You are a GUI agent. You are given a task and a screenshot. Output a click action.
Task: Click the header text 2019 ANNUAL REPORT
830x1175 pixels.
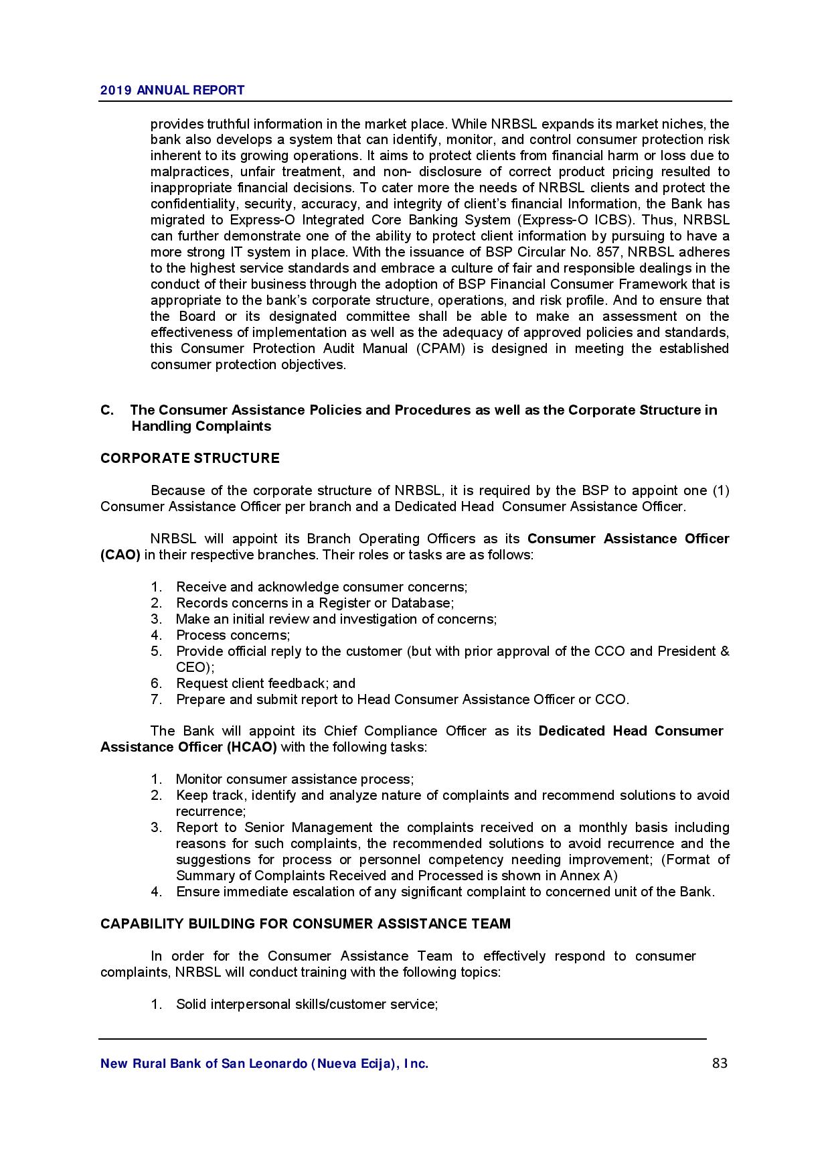coord(172,90)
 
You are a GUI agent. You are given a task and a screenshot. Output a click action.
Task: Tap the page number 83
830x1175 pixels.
coord(720,1063)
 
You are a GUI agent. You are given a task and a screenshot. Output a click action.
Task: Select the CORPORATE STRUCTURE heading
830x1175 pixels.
coord(189,458)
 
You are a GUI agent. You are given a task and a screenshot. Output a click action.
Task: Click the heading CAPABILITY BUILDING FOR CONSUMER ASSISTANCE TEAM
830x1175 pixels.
coord(305,924)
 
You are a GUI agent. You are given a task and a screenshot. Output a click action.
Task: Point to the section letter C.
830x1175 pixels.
coord(107,410)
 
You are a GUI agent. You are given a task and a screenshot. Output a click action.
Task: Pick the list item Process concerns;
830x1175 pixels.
coord(233,635)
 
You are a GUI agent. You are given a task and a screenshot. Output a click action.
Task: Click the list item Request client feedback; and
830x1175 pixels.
coord(265,683)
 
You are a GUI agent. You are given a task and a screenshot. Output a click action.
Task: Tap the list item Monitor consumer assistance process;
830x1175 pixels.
coord(295,779)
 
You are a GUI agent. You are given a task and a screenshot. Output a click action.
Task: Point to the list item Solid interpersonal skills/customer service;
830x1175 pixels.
coord(307,1004)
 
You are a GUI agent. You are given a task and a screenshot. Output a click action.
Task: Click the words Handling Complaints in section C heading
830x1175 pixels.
coord(201,426)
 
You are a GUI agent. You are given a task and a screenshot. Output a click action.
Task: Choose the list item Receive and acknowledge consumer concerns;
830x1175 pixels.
coord(321,587)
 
